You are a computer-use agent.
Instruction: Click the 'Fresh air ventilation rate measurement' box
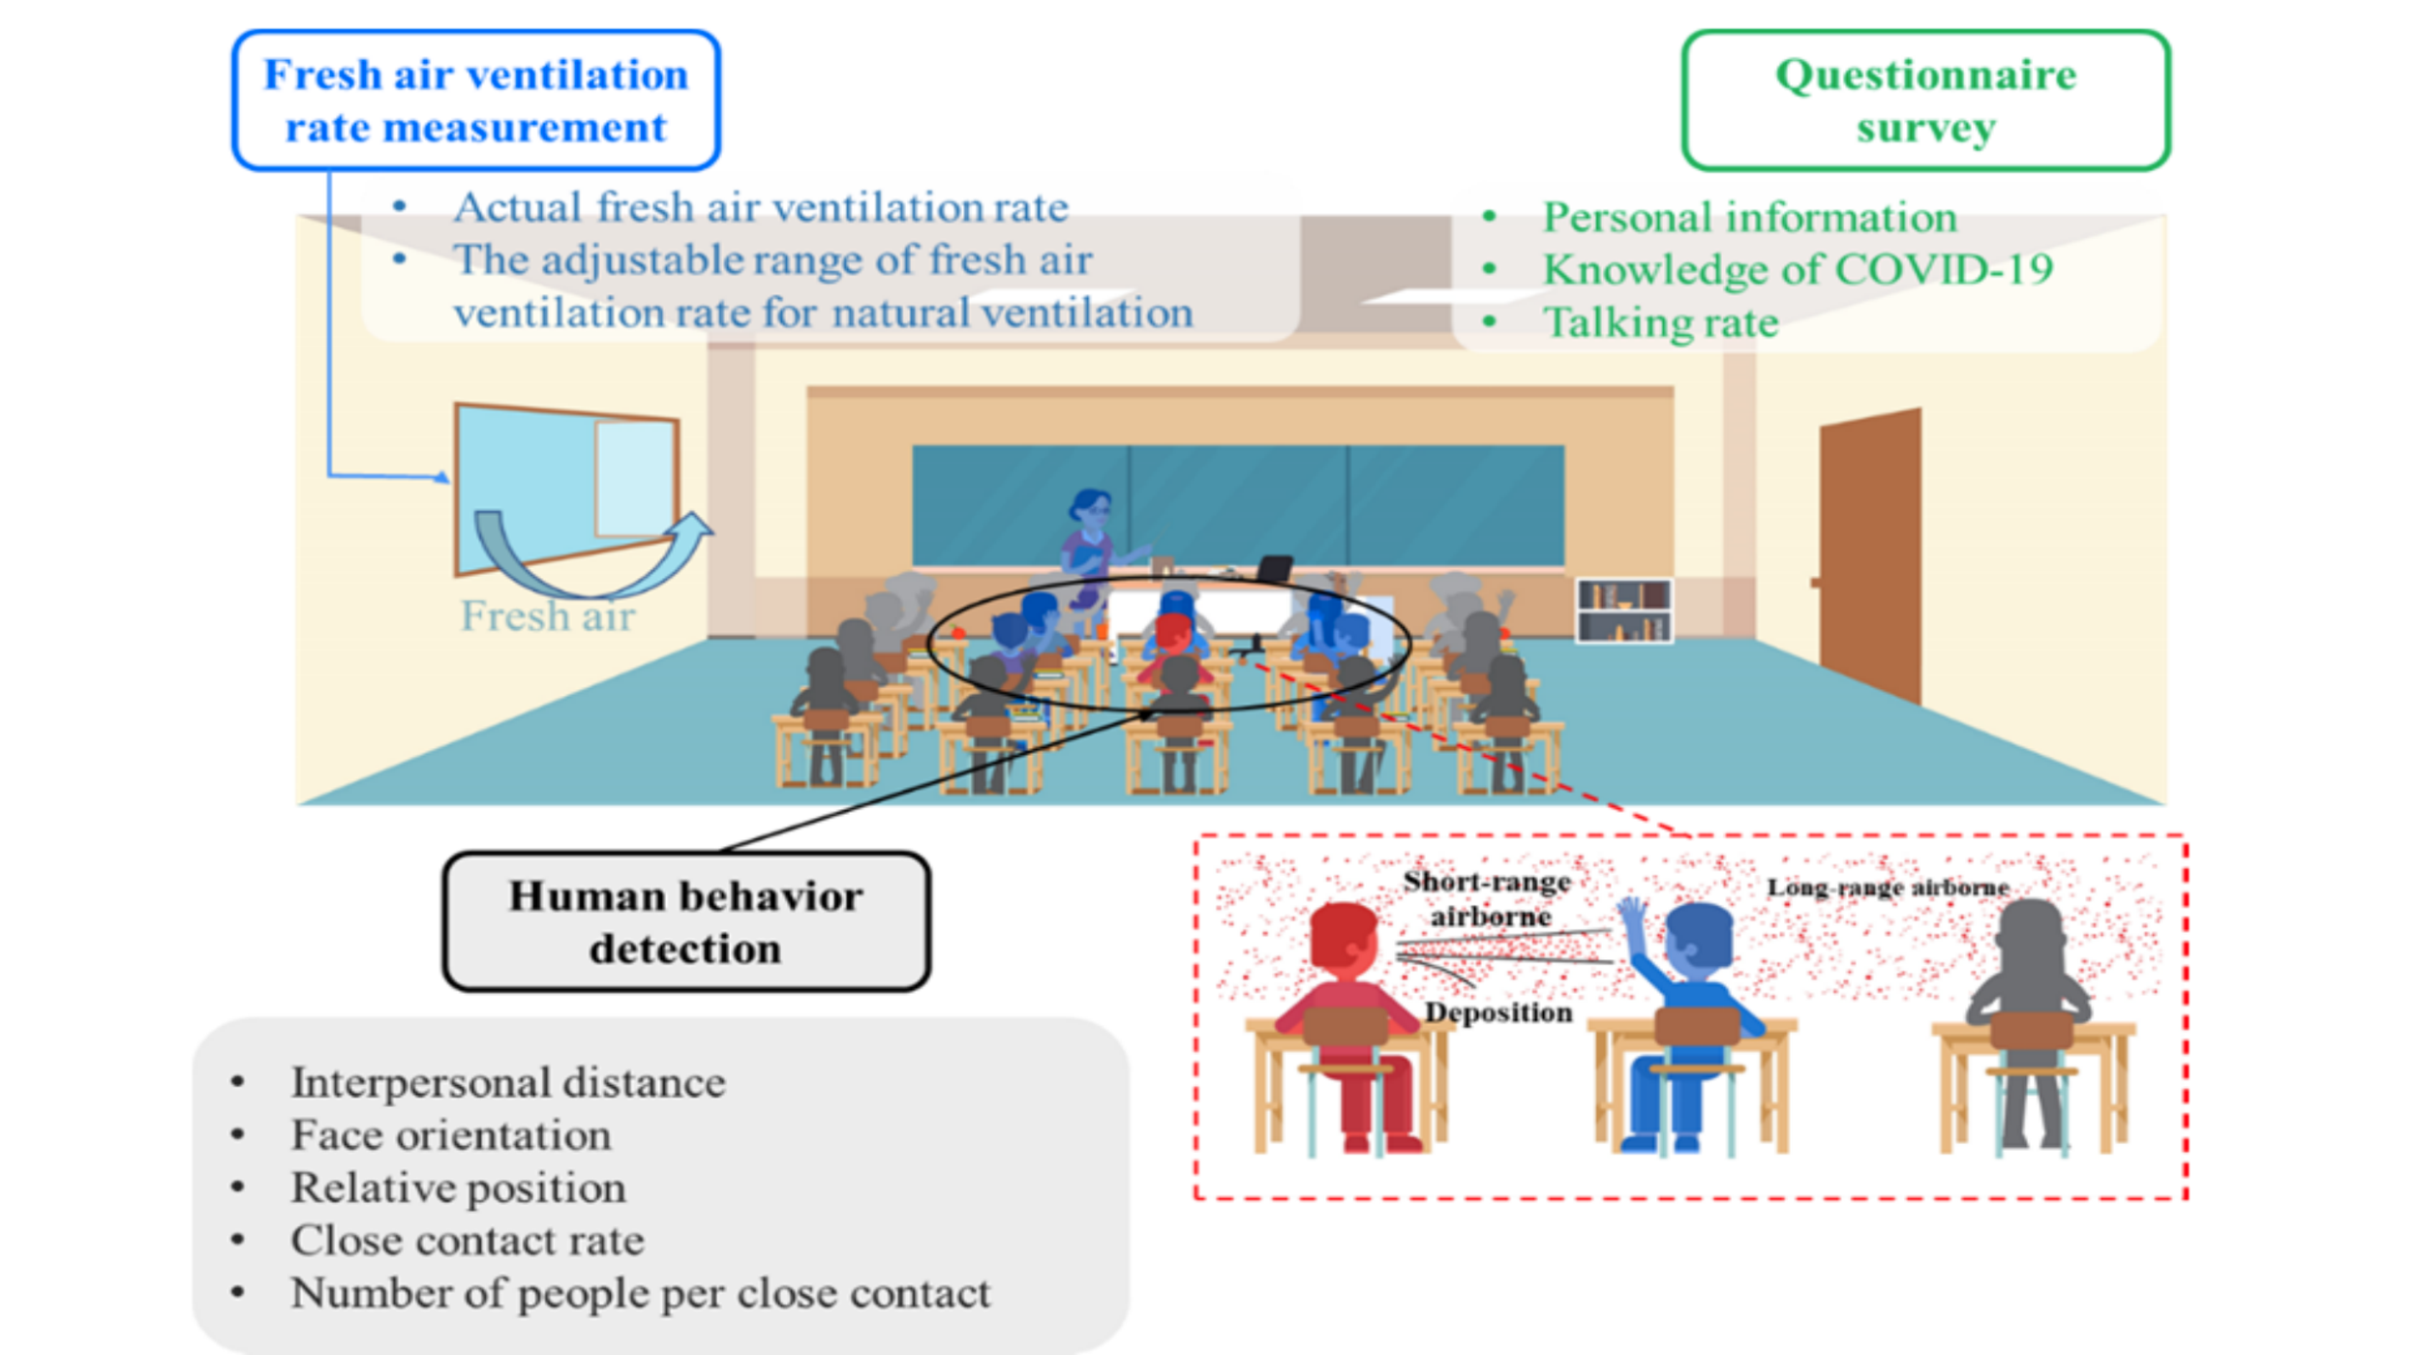pos(475,101)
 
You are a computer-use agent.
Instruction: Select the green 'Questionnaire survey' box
pos(1924,101)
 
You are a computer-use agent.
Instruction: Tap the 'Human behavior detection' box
pos(685,921)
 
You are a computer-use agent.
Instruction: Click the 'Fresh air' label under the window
pos(548,617)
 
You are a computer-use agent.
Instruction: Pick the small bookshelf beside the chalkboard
pos(1623,610)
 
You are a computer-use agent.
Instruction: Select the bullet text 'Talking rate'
pos(1660,322)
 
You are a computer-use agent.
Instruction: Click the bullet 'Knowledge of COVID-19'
pos(1797,269)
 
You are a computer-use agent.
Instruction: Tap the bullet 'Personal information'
pos(1749,217)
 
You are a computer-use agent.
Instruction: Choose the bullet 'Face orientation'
pos(451,1135)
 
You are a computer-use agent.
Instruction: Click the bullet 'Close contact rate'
pos(468,1240)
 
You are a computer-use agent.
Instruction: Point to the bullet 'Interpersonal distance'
pos(508,1082)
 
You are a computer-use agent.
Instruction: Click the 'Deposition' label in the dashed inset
pos(1498,1012)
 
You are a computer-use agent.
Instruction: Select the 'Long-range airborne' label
pos(1888,888)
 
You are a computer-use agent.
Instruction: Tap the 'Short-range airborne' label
pos(1488,898)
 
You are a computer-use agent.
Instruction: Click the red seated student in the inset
pos(1347,1016)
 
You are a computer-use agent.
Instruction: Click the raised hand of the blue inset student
pos(1632,915)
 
